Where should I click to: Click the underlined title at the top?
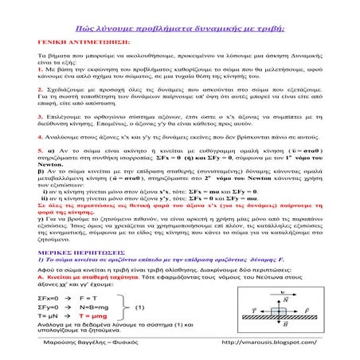(x=180, y=29)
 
